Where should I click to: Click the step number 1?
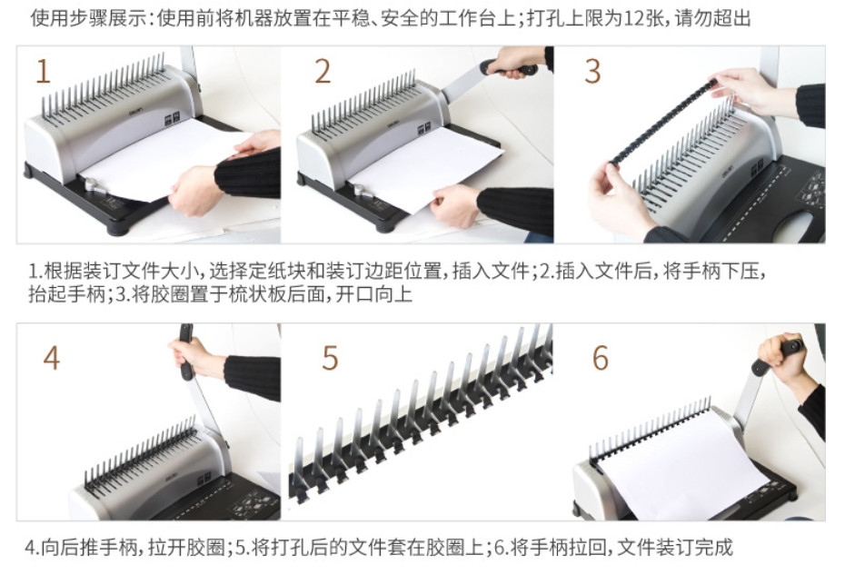click(x=43, y=72)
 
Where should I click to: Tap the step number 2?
click(x=323, y=72)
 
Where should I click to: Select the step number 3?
click(x=592, y=72)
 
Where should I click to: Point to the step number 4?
click(x=51, y=358)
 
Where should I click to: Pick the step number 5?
click(x=330, y=359)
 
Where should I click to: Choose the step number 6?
click(x=601, y=359)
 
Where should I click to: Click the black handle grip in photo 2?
click(x=509, y=68)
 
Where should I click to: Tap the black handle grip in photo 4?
click(x=186, y=352)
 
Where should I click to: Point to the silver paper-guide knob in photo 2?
click(x=359, y=191)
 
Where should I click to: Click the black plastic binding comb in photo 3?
click(x=664, y=121)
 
